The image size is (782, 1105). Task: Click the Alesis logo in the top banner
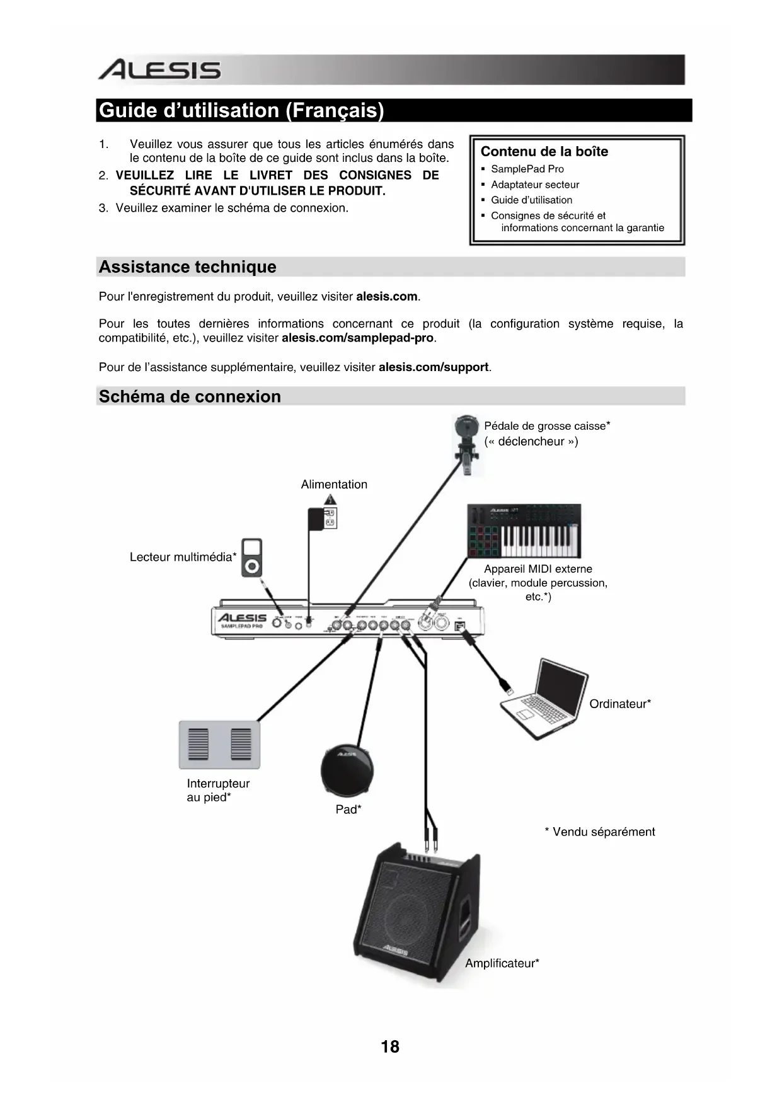click(159, 70)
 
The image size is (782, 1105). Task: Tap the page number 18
click(390, 1046)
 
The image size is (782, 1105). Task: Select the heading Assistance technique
click(187, 267)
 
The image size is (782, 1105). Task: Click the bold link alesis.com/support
click(434, 367)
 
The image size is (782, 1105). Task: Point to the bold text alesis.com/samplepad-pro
click(358, 338)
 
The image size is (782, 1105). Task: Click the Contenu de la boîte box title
click(544, 152)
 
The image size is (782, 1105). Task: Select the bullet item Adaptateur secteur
click(534, 185)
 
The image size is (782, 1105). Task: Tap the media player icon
click(251, 558)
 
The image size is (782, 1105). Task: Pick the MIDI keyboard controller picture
click(524, 530)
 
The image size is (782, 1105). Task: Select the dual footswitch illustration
click(219, 745)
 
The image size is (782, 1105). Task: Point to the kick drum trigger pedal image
click(467, 443)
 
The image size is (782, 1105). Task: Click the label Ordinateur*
click(620, 704)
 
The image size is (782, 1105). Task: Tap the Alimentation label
click(334, 484)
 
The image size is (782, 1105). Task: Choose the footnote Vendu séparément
click(600, 832)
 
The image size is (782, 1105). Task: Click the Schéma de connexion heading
click(190, 397)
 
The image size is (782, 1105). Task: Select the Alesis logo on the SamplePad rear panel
click(242, 618)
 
